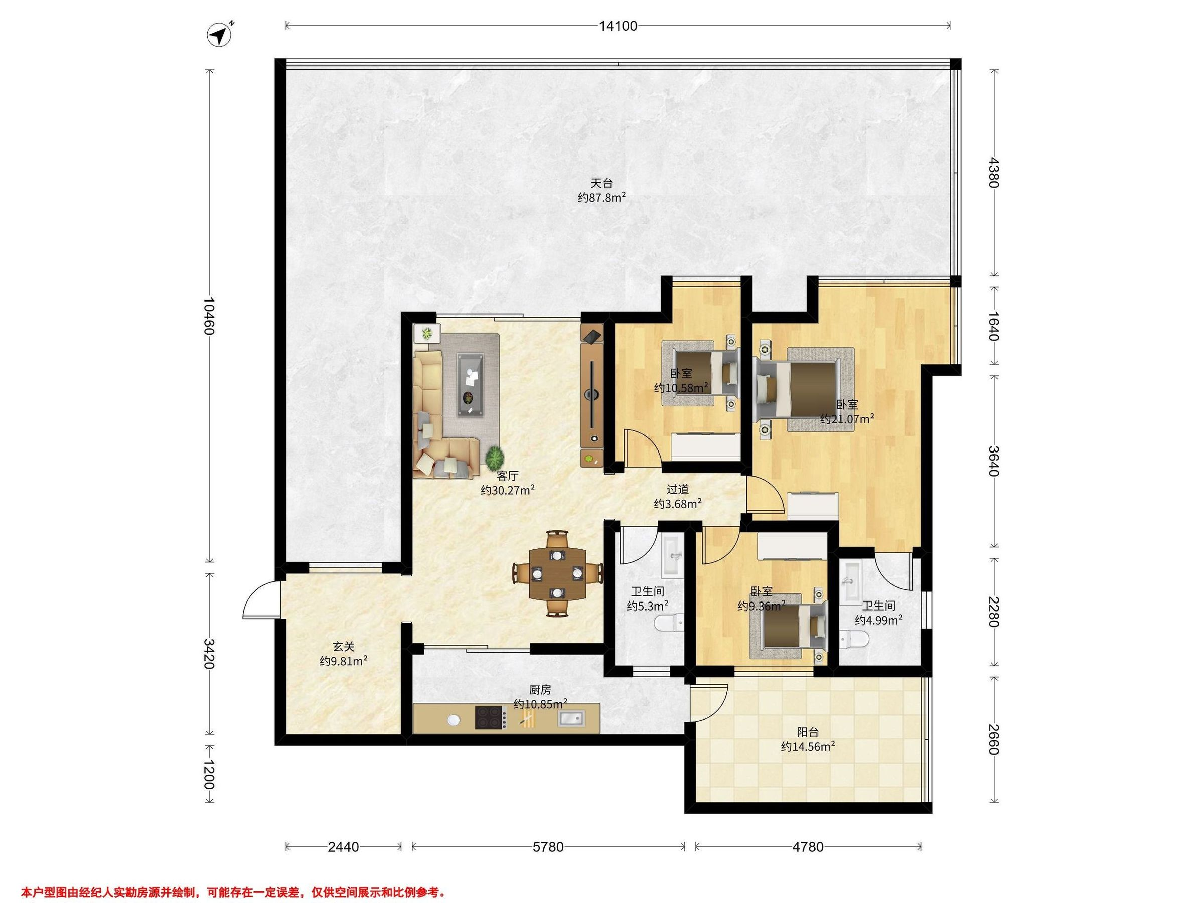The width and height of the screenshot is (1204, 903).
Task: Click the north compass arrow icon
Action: point(219,35)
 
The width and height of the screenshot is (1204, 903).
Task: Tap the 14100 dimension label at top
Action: point(619,26)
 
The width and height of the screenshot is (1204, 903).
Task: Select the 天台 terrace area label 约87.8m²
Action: point(601,197)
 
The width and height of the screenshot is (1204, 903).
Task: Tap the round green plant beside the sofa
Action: point(495,455)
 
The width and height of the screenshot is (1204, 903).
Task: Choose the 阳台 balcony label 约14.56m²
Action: point(808,740)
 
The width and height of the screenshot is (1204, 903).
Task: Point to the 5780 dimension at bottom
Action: point(548,847)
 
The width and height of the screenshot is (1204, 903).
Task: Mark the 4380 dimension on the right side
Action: point(994,172)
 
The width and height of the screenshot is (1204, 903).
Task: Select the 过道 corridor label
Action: point(678,489)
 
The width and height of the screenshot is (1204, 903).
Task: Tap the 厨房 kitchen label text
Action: point(540,690)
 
